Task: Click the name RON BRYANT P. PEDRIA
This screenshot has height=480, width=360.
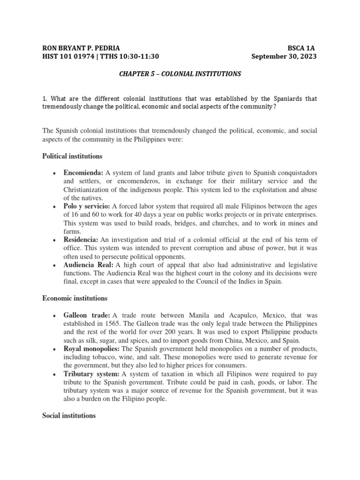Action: coord(81,48)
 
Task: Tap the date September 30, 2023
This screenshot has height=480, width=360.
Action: coord(284,57)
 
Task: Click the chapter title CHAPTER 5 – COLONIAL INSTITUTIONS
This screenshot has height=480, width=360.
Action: coord(180,74)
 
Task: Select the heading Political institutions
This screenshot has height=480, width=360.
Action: coord(72,156)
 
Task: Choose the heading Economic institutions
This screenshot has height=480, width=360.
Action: coord(75,298)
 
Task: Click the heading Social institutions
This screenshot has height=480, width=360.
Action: coord(69,415)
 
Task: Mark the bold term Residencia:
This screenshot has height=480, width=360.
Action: coord(81,240)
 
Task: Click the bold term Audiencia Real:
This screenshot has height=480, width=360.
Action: coord(89,265)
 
